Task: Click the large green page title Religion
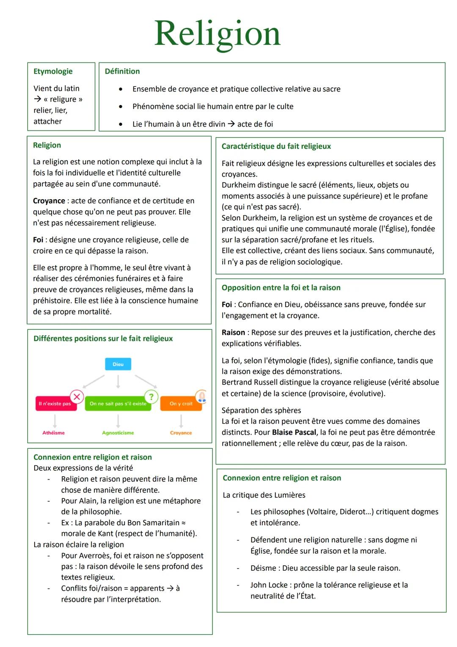pos(217,34)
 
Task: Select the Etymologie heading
pos(53,71)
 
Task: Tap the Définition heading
pos(122,71)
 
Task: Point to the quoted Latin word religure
pos(63,99)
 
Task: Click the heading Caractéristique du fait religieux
pos(276,146)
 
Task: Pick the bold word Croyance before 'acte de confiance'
pos(49,201)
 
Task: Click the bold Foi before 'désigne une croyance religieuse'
pos(38,240)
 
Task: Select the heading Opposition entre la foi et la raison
pos(281,288)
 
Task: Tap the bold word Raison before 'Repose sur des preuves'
pos(233,333)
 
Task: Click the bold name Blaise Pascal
pos(294,432)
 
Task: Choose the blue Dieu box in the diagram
pos(118,364)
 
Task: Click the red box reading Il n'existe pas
pos(55,403)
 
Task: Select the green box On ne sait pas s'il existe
pos(118,403)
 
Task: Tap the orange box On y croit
pos(181,403)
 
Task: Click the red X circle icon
pos(77,397)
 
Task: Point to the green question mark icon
pos(151,397)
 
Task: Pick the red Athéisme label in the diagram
pos(54,433)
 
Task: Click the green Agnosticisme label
pos(118,433)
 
